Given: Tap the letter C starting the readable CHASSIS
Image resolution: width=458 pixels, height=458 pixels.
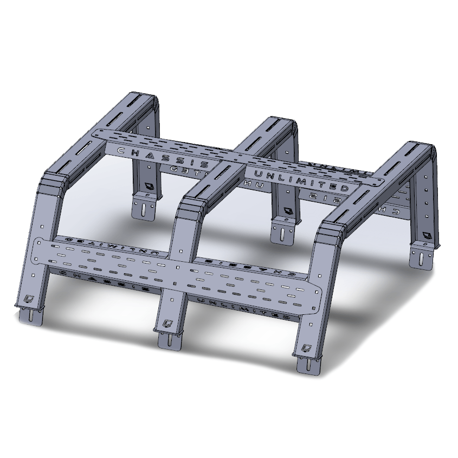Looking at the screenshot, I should tap(120, 149).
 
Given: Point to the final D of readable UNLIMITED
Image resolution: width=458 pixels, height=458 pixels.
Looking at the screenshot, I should tap(345, 188).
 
